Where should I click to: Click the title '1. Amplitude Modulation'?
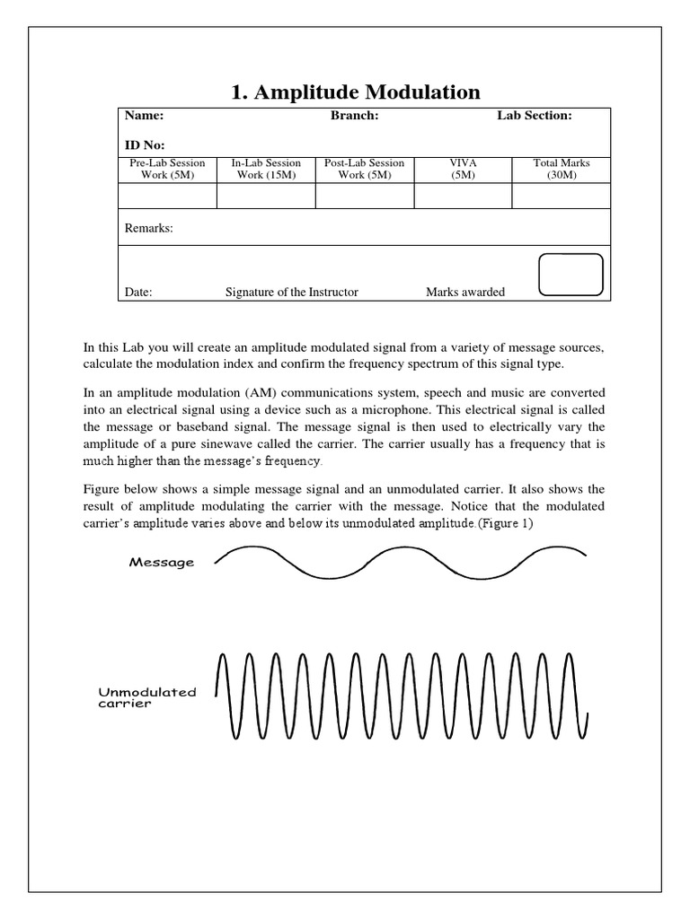click(358, 92)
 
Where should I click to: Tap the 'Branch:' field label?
click(354, 116)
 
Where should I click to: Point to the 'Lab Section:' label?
click(535, 116)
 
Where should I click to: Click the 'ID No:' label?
click(145, 144)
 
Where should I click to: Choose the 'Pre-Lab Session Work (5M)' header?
click(168, 169)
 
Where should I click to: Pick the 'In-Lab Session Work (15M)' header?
click(266, 169)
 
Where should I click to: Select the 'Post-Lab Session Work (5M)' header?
click(365, 169)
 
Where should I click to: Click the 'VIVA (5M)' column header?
click(464, 169)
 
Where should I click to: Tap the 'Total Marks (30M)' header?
click(562, 169)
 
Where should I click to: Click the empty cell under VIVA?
click(464, 196)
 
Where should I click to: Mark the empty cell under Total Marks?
click(562, 196)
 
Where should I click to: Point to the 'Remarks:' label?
click(148, 229)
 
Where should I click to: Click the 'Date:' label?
click(138, 292)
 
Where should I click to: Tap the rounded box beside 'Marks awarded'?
click(570, 275)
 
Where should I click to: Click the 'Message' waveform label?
click(162, 563)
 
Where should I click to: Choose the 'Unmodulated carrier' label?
click(146, 698)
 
